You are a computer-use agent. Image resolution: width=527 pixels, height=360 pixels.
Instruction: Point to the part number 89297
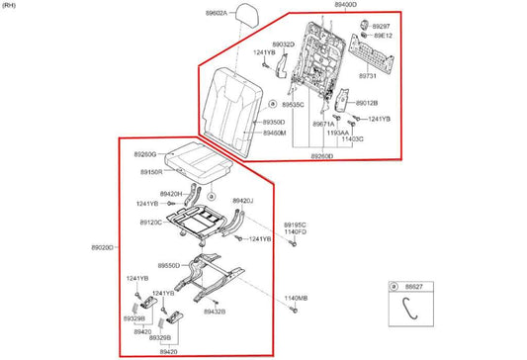click(x=381, y=26)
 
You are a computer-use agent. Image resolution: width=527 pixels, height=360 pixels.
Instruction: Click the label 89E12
click(x=381, y=36)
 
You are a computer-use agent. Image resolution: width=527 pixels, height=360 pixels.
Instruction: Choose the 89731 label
click(x=368, y=75)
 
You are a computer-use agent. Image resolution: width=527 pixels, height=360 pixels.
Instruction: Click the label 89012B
click(x=367, y=103)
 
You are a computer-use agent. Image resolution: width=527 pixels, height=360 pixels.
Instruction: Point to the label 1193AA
click(x=336, y=132)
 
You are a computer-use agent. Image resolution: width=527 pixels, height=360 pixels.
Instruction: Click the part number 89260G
click(x=144, y=154)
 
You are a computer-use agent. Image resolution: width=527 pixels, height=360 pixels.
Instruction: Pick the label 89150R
click(x=150, y=171)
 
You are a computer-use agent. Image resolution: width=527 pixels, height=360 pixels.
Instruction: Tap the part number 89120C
click(x=151, y=223)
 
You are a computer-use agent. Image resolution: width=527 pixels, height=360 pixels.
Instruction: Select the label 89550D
click(x=169, y=266)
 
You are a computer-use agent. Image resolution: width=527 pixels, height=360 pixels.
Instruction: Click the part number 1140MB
click(x=296, y=298)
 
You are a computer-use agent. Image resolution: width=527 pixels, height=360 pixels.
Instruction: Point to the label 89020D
click(x=103, y=247)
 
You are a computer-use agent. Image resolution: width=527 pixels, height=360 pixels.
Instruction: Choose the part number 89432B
click(x=215, y=312)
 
